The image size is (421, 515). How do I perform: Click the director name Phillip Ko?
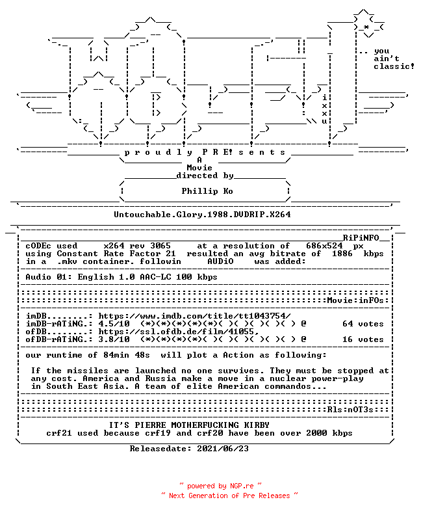pos(207,191)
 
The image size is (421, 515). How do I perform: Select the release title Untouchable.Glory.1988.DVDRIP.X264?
pos(202,215)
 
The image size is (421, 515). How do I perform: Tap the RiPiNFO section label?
pos(361,238)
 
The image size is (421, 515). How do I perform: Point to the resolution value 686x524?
pos(324,246)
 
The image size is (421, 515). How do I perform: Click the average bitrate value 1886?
pos(342,254)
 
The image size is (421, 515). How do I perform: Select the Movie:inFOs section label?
pos(355,300)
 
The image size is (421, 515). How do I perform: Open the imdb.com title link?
pos(195,316)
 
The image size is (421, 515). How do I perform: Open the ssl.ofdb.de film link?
pos(179,332)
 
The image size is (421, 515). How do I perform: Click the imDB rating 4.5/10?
pos(114,324)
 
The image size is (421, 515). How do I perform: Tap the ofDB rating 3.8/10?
pos(114,339)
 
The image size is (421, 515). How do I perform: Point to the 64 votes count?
pos(363,324)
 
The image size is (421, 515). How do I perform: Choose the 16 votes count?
pos(363,339)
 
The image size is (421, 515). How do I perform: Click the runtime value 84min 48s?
pos(127,355)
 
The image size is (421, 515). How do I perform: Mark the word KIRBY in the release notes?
pos(257,425)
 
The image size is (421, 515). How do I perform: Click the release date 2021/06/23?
pos(223,449)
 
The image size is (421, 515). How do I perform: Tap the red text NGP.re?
pos(242,486)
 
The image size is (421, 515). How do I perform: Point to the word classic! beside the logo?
pos(394,66)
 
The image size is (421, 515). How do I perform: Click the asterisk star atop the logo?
pos(366,27)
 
